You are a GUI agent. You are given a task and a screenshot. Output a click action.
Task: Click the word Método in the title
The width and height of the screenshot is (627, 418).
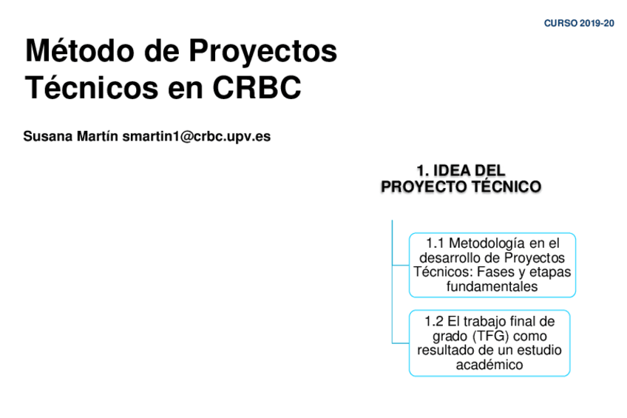coord(80,50)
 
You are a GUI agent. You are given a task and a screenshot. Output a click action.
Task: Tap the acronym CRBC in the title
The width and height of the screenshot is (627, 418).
coord(257,87)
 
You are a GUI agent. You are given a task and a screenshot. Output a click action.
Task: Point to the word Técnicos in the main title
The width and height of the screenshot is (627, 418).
coord(92,87)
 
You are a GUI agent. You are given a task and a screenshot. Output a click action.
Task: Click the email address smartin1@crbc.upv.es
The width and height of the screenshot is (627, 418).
coord(197,136)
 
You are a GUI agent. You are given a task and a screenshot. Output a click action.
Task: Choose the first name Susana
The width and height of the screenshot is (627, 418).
coord(48,136)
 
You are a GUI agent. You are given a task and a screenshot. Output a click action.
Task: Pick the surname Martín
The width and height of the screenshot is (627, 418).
coord(97,136)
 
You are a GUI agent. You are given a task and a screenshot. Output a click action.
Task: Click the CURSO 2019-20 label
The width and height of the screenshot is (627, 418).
coord(579,23)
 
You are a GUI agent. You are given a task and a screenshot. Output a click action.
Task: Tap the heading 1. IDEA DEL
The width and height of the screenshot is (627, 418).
coord(461,171)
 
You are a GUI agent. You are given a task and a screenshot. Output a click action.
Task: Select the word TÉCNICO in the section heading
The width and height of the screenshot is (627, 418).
coord(506,186)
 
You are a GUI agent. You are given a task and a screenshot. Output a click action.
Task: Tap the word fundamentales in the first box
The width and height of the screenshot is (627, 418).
coord(492,286)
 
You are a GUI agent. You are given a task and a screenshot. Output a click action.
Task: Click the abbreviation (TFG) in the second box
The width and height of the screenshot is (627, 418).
coord(492,336)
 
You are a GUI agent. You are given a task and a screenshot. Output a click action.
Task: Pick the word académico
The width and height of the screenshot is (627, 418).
coord(489,365)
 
